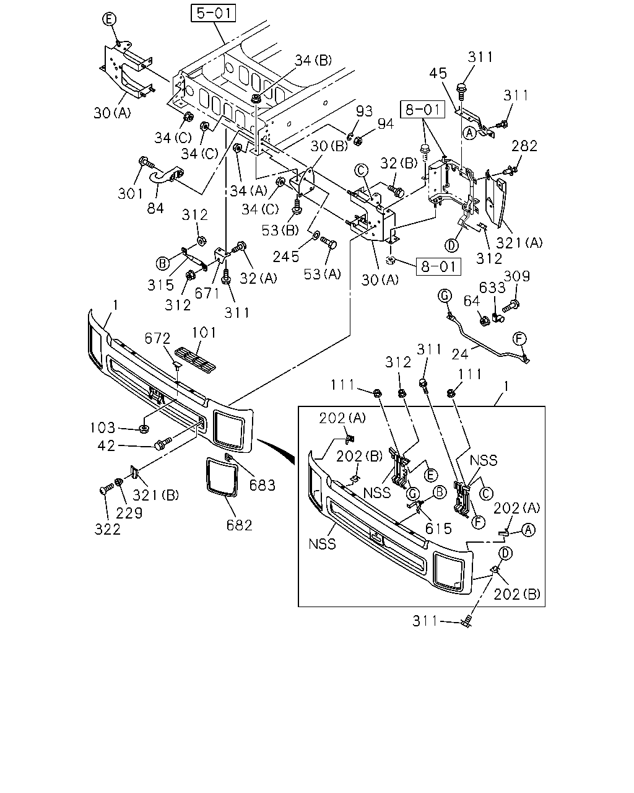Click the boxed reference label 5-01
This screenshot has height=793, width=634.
click(x=214, y=13)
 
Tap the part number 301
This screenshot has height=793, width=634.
click(x=130, y=193)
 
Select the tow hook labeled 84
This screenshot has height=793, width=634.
click(x=166, y=176)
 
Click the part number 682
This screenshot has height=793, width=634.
click(x=240, y=525)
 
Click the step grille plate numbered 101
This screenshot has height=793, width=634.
click(x=195, y=357)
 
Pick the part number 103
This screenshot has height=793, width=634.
click(x=103, y=428)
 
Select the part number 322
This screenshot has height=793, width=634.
click(x=108, y=530)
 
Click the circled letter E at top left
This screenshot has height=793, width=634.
click(x=109, y=19)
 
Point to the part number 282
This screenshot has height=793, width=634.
click(x=524, y=146)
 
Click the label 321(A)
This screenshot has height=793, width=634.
click(x=519, y=243)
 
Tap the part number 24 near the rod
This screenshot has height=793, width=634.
click(x=460, y=354)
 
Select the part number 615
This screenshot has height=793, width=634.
click(x=438, y=529)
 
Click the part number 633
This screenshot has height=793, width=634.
click(x=492, y=288)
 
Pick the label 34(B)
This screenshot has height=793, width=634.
click(x=313, y=61)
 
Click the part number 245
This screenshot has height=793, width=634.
click(x=286, y=257)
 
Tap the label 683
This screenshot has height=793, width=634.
click(x=263, y=485)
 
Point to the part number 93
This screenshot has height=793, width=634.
click(x=364, y=111)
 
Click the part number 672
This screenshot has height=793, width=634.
click(x=157, y=338)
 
